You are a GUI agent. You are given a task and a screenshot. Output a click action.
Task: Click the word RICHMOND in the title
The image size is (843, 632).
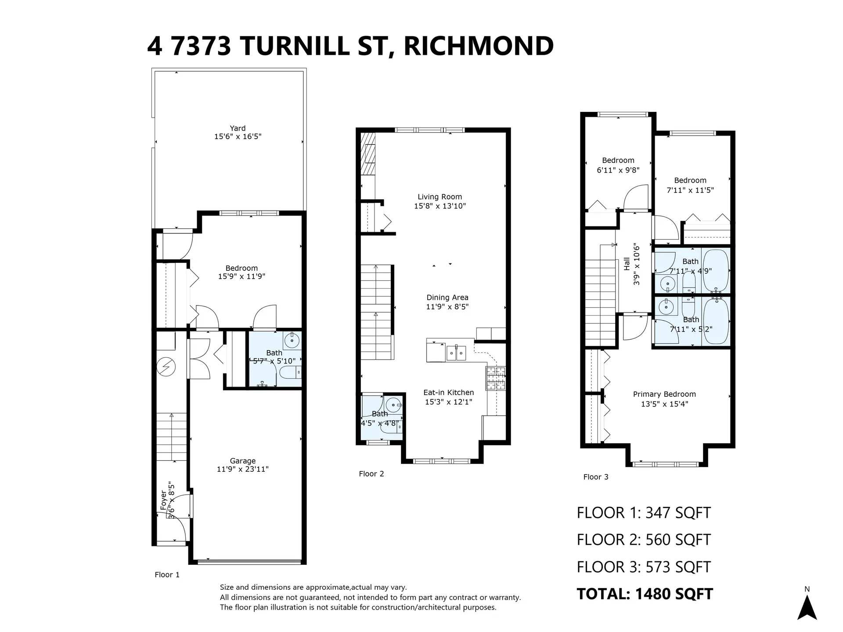pyautogui.click(x=478, y=46)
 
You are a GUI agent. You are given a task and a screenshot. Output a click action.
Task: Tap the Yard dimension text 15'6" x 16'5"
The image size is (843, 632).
pyautogui.click(x=238, y=136)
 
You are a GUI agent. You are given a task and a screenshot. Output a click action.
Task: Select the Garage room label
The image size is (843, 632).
pyautogui.click(x=242, y=461)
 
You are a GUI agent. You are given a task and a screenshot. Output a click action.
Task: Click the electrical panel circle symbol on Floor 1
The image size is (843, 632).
pyautogui.click(x=167, y=367)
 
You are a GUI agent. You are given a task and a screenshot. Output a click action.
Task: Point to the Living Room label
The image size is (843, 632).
pyautogui.click(x=440, y=197)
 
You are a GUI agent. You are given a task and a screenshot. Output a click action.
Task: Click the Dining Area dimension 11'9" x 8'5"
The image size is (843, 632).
pyautogui.click(x=447, y=307)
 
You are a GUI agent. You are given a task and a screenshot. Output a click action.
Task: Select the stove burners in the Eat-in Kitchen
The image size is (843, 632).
pyautogui.click(x=495, y=378)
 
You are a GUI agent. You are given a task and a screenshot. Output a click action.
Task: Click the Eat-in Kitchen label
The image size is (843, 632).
pyautogui.click(x=448, y=392)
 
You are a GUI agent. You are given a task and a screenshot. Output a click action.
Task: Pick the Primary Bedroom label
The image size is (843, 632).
pyautogui.click(x=664, y=394)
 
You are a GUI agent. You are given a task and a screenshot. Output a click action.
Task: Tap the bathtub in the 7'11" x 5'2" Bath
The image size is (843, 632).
pyautogui.click(x=716, y=322)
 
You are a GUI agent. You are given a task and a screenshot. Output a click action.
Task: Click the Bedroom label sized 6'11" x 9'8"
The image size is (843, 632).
pyautogui.click(x=618, y=161)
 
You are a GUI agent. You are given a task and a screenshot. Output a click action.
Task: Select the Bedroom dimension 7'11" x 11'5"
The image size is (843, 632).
pyautogui.click(x=690, y=190)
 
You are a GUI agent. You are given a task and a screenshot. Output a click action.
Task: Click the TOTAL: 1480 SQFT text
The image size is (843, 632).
pyautogui.click(x=644, y=594)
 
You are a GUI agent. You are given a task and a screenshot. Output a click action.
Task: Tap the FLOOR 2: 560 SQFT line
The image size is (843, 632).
pyautogui.click(x=644, y=540)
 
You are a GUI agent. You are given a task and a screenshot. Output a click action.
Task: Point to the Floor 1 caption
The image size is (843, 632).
pyautogui.click(x=167, y=575)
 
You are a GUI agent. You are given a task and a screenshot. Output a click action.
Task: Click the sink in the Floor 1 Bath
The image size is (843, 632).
pyautogui.click(x=292, y=340)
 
